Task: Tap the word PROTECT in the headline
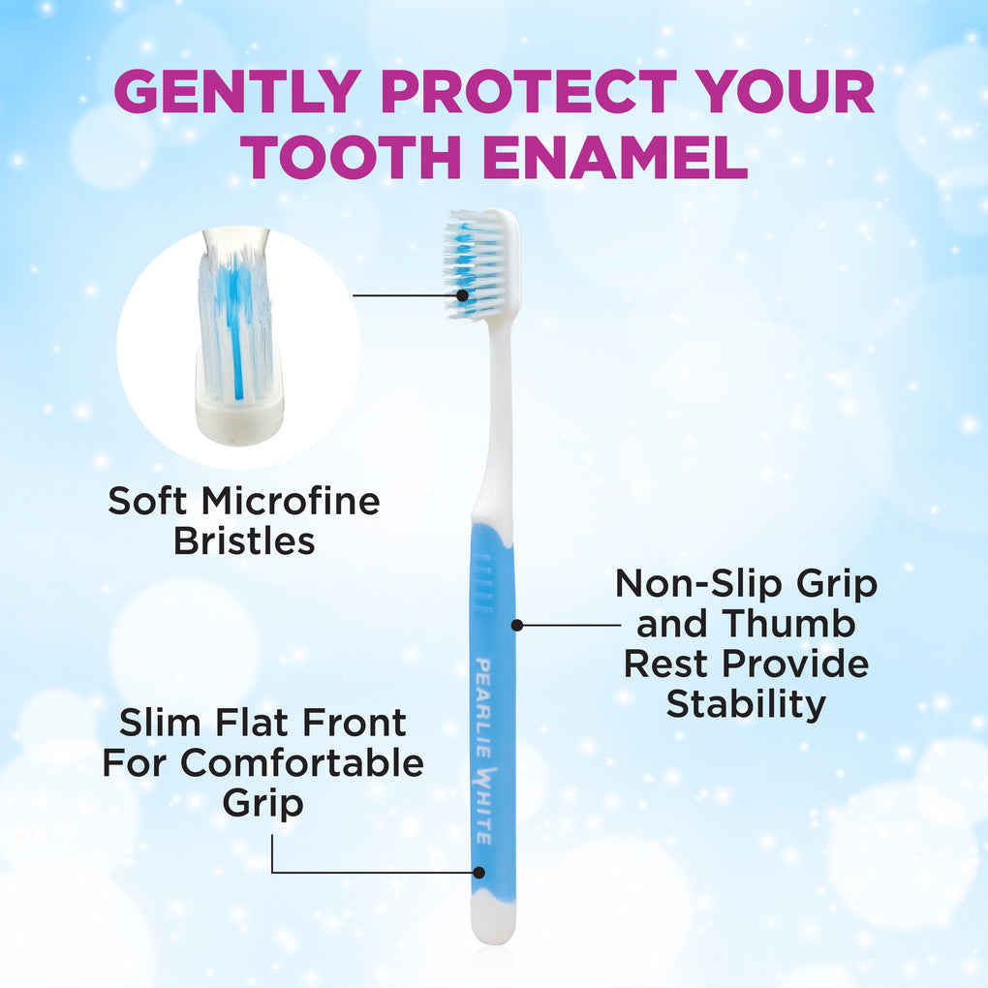(x=528, y=91)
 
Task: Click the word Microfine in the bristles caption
(x=291, y=501)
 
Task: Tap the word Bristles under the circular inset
(x=244, y=540)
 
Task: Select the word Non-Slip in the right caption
(x=700, y=583)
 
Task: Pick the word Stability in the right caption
(x=746, y=704)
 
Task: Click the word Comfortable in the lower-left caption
(x=302, y=762)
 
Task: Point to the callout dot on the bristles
(x=462, y=294)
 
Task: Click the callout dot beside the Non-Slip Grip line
(x=517, y=625)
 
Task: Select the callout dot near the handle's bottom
(x=479, y=873)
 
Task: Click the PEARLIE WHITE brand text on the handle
(x=484, y=751)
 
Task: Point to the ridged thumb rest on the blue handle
(x=483, y=583)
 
